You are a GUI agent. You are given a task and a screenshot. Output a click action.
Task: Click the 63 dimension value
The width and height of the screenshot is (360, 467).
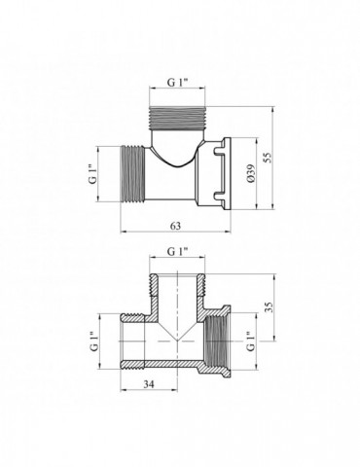pos(175,226)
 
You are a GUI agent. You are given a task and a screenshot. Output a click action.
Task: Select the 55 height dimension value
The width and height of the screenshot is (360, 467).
pos(268,158)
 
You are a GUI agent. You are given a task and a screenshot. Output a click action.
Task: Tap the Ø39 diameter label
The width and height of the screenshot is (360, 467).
pos(251,173)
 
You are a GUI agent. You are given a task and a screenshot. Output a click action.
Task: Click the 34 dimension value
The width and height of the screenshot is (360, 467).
pos(149,384)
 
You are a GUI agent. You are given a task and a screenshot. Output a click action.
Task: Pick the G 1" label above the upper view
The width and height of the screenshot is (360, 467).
pos(177,83)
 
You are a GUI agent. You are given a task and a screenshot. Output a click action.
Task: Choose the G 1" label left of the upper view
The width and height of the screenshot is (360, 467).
pos(92,174)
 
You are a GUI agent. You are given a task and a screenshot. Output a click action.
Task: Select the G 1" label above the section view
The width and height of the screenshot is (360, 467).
pos(177,251)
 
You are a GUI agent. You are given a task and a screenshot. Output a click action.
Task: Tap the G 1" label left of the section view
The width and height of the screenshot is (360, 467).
pos(94,341)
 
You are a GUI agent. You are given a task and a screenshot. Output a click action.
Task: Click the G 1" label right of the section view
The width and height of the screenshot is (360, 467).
pos(250,341)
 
